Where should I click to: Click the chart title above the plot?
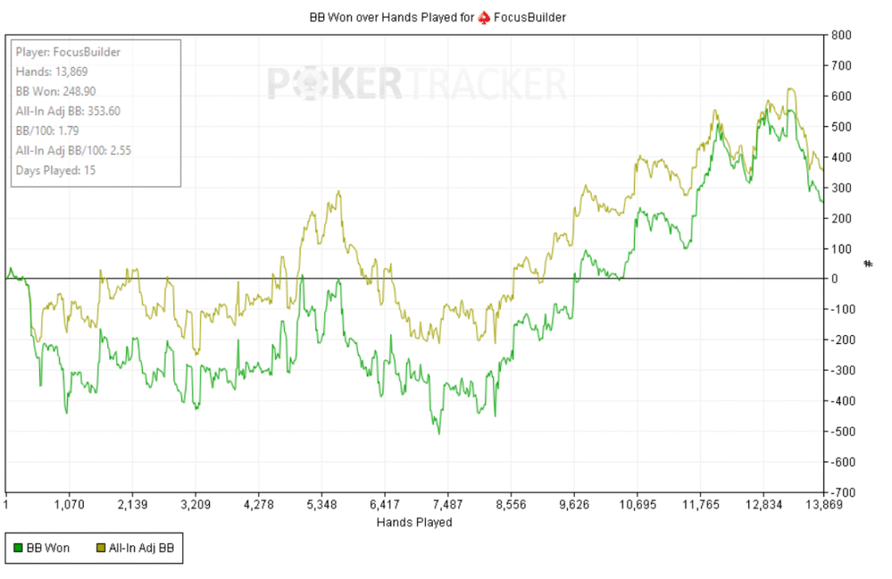[443, 17]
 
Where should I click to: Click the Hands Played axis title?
[415, 522]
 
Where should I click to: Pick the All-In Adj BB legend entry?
[139, 548]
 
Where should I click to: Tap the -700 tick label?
[841, 492]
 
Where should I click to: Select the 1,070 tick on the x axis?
[69, 505]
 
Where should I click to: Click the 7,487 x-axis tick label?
[447, 505]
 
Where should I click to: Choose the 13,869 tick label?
[823, 505]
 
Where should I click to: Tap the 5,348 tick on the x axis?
[321, 505]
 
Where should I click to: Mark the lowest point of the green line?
[439, 434]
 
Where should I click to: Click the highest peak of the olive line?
[788, 88]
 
